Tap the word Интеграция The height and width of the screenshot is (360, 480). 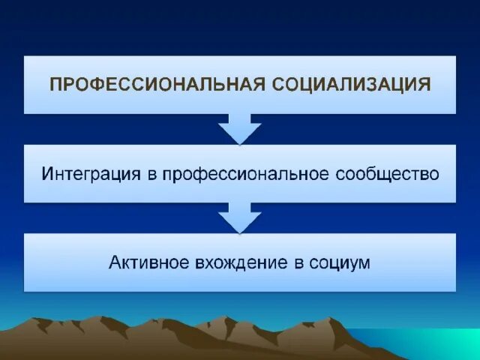click(x=91, y=174)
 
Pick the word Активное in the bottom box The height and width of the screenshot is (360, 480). click(x=145, y=263)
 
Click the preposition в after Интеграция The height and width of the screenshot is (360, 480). click(x=151, y=175)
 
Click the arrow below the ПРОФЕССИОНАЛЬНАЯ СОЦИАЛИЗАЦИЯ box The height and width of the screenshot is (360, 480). click(x=239, y=129)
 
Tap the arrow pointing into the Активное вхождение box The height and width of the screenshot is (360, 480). click(x=239, y=218)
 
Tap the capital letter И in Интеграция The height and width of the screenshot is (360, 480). click(x=47, y=174)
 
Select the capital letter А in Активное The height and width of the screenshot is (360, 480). click(x=115, y=263)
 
